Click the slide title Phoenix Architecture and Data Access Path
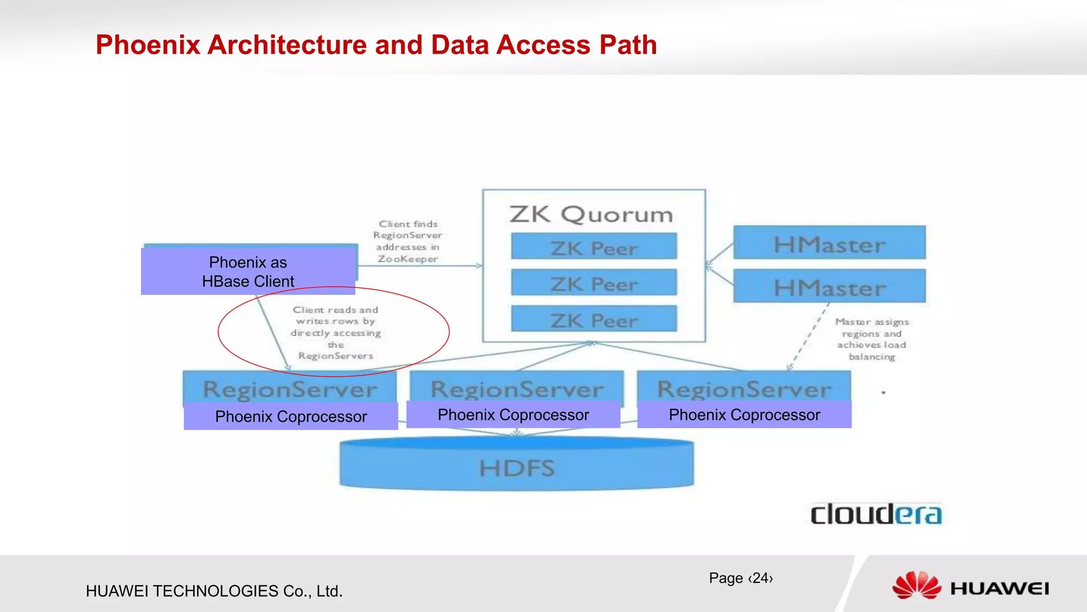pyautogui.click(x=376, y=45)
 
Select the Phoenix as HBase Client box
pyautogui.click(x=248, y=271)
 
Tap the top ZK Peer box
pyautogui.click(x=594, y=246)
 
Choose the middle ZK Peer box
pyautogui.click(x=594, y=283)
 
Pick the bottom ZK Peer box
pyautogui.click(x=594, y=319)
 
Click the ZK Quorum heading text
pyautogui.click(x=591, y=214)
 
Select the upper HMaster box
pyautogui.click(x=829, y=243)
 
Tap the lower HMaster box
pyautogui.click(x=829, y=287)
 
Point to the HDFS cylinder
pyautogui.click(x=516, y=466)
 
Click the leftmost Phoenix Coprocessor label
pyautogui.click(x=291, y=416)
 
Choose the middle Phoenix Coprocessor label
pyautogui.click(x=513, y=415)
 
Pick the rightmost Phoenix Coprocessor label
pyautogui.click(x=744, y=415)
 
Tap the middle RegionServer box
pyautogui.click(x=516, y=388)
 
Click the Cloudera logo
pyautogui.click(x=876, y=514)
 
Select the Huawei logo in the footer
pyautogui.click(x=970, y=586)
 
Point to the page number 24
pyautogui.click(x=741, y=578)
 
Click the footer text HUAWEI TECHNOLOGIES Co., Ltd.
pyautogui.click(x=214, y=591)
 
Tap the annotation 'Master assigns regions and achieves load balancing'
pyautogui.click(x=872, y=339)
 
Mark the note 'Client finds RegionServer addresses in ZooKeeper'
pyautogui.click(x=408, y=241)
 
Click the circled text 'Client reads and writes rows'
pyautogui.click(x=335, y=332)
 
